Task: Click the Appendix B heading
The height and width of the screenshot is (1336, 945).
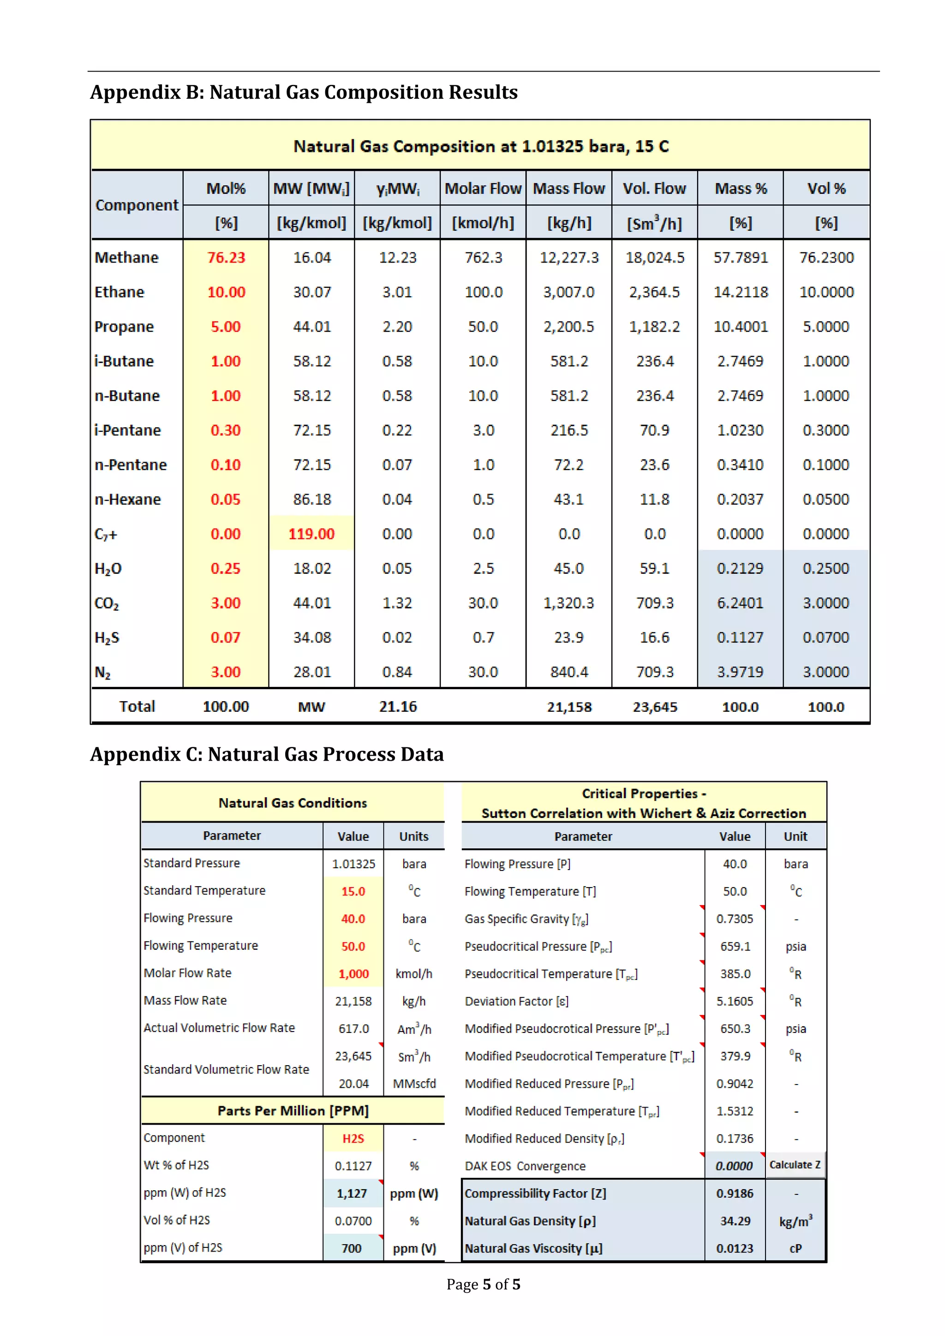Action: pos(304,92)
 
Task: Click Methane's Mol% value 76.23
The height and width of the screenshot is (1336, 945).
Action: pos(227,257)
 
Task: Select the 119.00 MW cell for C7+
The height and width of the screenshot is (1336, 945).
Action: pos(311,534)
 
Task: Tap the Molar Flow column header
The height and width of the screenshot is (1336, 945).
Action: pos(483,189)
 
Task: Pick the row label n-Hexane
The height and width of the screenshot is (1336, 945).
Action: pos(128,499)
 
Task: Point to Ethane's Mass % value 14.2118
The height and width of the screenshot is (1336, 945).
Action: pos(740,292)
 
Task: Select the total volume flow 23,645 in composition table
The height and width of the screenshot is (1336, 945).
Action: pos(655,707)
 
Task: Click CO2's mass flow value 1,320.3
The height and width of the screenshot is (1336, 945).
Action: pos(568,603)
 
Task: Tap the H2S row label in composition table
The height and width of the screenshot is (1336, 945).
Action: pos(107,638)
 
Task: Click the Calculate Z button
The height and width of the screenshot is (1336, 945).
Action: pos(795,1165)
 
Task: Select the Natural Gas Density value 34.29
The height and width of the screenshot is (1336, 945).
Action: pos(735,1221)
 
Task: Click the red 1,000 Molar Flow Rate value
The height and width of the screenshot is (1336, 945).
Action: pos(353,973)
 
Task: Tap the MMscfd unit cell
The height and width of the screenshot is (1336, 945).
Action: pos(414,1084)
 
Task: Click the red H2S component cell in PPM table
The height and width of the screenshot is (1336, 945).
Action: pos(353,1138)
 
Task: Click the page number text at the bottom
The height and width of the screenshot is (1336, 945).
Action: pos(483,1284)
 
